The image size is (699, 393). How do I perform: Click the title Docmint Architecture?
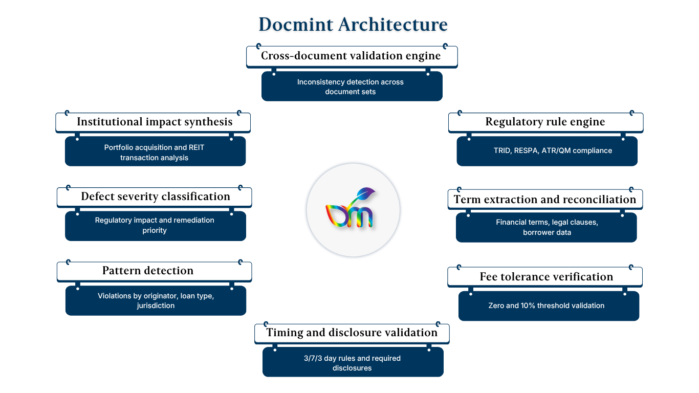(x=353, y=25)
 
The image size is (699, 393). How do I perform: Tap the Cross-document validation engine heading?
(x=351, y=56)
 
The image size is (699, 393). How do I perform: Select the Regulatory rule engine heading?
(x=545, y=122)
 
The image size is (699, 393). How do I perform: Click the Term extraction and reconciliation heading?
(x=545, y=200)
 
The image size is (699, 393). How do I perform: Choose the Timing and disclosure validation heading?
(x=352, y=333)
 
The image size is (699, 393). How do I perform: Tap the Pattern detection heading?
(x=148, y=271)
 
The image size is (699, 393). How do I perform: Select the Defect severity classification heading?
(x=156, y=196)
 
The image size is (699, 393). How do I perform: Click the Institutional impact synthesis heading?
(x=155, y=122)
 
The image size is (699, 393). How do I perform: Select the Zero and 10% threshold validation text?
(x=547, y=305)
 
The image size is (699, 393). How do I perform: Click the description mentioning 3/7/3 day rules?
(x=352, y=363)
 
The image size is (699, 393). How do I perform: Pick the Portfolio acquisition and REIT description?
(x=155, y=152)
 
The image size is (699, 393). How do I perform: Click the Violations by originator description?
(x=156, y=300)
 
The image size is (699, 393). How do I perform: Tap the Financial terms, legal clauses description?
(x=547, y=227)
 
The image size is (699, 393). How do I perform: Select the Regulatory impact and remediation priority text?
(x=155, y=225)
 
